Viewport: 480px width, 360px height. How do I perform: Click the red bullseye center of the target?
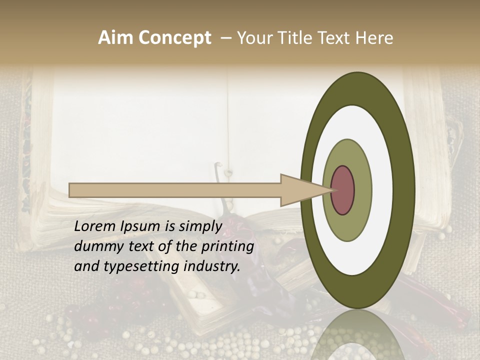(x=342, y=190)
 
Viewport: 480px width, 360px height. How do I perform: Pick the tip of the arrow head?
(x=333, y=190)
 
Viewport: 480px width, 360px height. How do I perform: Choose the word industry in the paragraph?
(x=212, y=266)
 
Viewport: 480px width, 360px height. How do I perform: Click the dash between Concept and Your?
(x=225, y=38)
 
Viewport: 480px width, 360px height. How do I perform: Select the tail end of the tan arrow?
(x=70, y=190)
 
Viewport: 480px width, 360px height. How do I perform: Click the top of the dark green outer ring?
(x=357, y=88)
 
